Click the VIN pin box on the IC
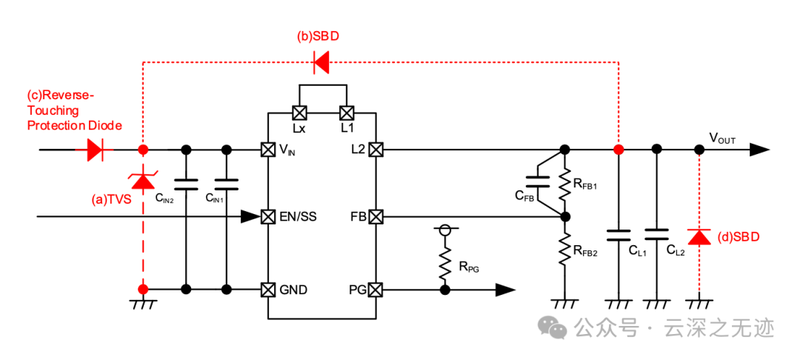[x=268, y=150]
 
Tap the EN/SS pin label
[x=298, y=217]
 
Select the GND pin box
[x=268, y=290]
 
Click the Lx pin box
[x=299, y=112]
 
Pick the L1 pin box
[x=347, y=112]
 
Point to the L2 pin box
[x=376, y=150]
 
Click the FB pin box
[x=376, y=217]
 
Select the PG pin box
[x=376, y=290]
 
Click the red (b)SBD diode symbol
[x=321, y=62]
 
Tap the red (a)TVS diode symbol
[x=144, y=181]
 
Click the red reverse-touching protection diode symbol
[x=96, y=150]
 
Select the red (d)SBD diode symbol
[x=699, y=237]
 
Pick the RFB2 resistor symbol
[x=564, y=250]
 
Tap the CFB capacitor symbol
[x=537, y=182]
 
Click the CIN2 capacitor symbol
[x=186, y=184]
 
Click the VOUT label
[x=722, y=138]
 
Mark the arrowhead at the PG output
[x=505, y=290]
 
